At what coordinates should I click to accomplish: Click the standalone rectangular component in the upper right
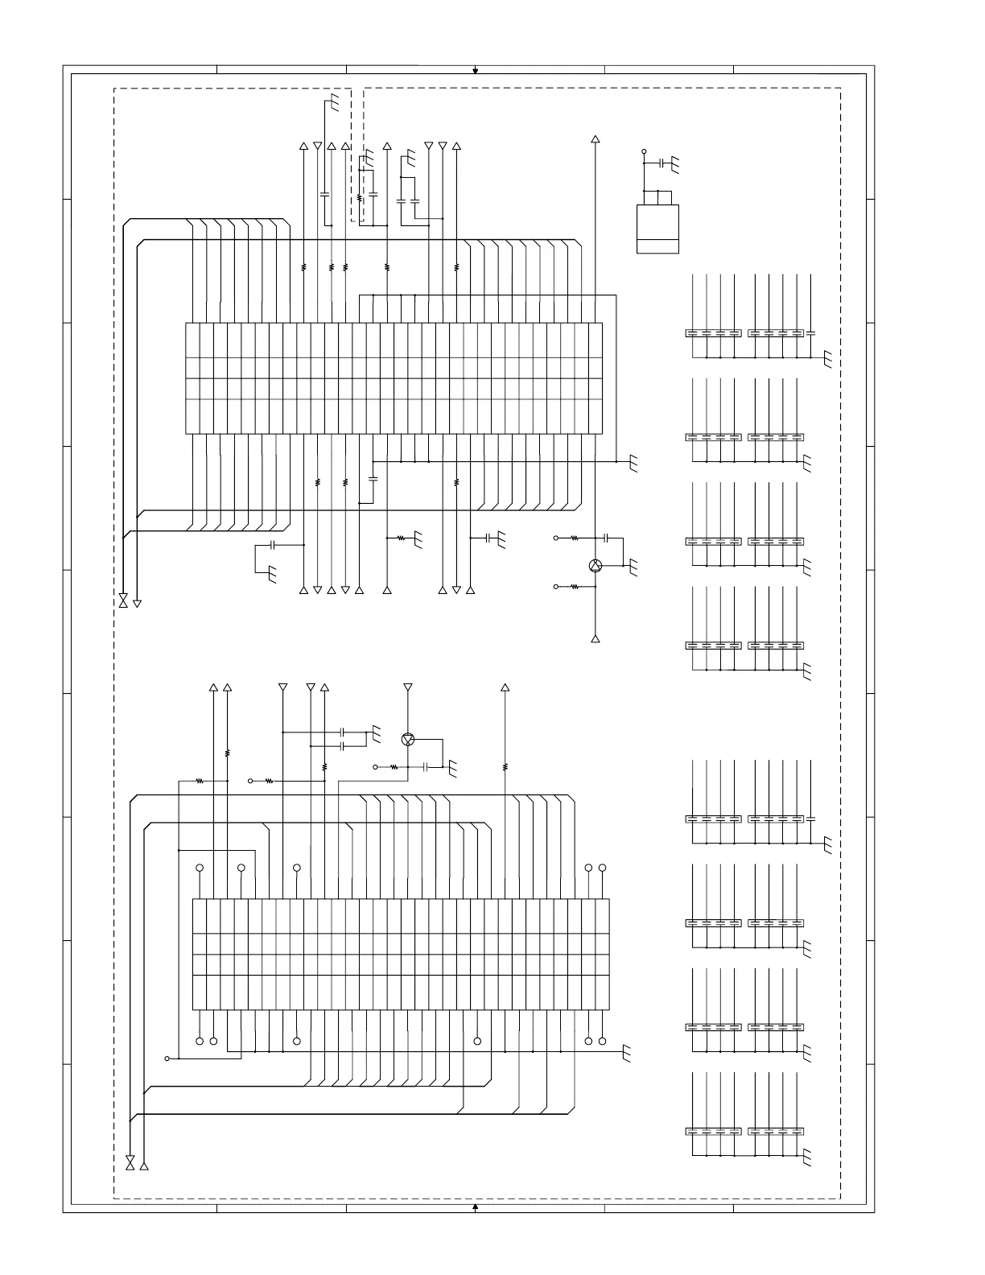[657, 229]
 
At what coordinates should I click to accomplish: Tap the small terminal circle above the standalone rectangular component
[644, 151]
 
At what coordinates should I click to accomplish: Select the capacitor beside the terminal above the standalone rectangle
[661, 163]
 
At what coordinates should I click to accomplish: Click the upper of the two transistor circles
[596, 566]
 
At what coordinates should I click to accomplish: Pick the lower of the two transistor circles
[408, 739]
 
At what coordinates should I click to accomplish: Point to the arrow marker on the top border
[476, 71]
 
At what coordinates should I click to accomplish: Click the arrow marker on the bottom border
[476, 1207]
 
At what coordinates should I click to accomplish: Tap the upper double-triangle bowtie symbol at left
[123, 601]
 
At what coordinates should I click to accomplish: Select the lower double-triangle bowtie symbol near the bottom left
[130, 1163]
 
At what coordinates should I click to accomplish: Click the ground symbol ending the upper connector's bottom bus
[633, 464]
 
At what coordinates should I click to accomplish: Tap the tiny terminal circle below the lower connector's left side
[167, 1058]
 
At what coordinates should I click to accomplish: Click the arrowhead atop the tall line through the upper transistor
[596, 139]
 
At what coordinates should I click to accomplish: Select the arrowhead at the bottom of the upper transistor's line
[596, 639]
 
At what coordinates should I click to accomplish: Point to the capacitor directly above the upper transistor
[608, 537]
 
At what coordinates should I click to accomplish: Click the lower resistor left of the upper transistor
[575, 587]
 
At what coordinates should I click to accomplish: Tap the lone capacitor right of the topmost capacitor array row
[810, 332]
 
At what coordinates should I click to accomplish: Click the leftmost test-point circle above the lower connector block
[200, 868]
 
